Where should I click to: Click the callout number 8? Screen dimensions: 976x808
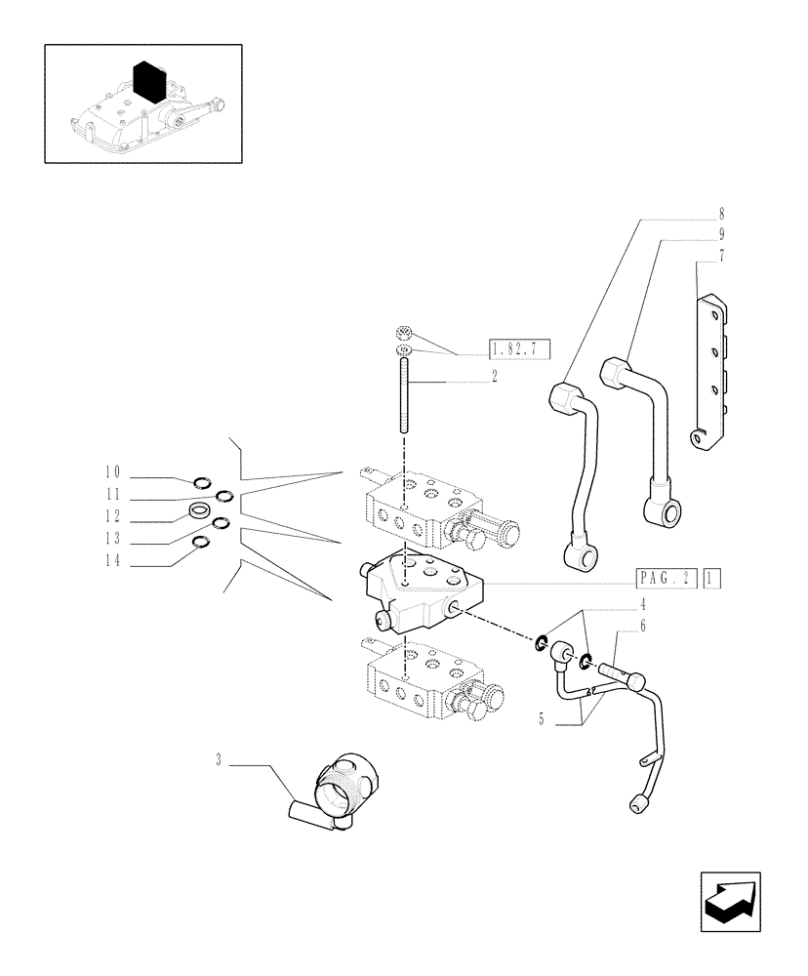pos(721,213)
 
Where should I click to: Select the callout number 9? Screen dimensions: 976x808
pos(721,234)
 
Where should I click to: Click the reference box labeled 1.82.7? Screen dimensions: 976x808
pos(519,347)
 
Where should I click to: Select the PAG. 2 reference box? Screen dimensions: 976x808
pos(666,578)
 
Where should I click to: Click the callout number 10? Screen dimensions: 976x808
pos(115,471)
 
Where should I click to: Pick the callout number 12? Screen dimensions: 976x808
pos(115,517)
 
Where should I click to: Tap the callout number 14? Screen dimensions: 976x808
pos(115,563)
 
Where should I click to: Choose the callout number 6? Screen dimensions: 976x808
pos(643,629)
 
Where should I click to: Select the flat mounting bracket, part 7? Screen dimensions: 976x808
pos(709,376)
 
